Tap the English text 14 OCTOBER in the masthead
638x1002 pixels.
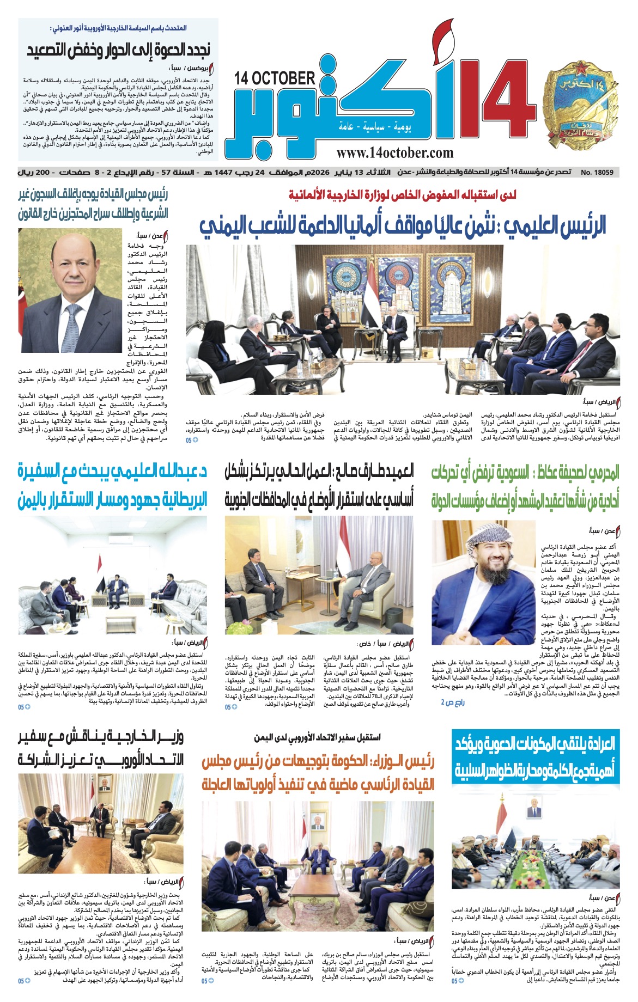pyautogui.click(x=275, y=78)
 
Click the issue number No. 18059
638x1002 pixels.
pyautogui.click(x=597, y=173)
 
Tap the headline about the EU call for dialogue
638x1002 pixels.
pyautogui.click(x=119, y=50)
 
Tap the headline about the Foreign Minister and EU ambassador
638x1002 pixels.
pyautogui.click(x=101, y=749)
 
